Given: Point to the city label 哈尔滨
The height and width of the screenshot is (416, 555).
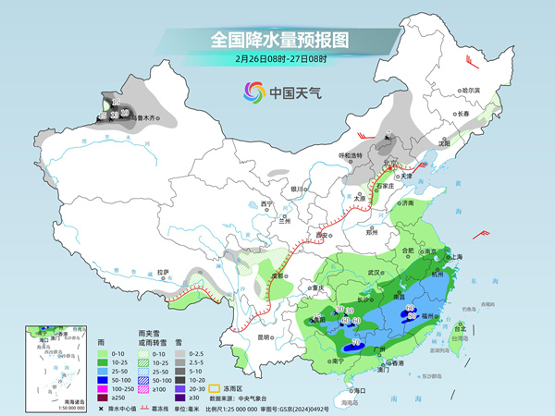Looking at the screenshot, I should coord(472,91).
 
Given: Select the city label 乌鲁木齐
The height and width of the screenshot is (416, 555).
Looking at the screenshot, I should coord(148,118).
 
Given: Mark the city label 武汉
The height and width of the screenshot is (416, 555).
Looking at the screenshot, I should coord(375,273).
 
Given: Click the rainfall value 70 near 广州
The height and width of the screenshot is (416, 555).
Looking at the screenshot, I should coord(356,343).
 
